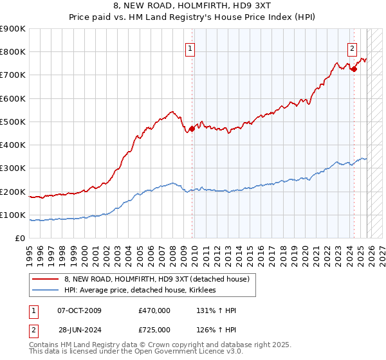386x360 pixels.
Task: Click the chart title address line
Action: (192, 7)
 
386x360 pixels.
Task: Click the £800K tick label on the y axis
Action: (13, 52)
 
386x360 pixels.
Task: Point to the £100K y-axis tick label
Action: (13, 215)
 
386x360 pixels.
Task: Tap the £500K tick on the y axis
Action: (13, 122)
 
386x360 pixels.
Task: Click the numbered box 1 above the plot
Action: (191, 47)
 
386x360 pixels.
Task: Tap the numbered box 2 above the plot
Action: (353, 47)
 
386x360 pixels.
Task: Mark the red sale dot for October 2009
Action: (192, 129)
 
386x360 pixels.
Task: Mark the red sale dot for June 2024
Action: (354, 69)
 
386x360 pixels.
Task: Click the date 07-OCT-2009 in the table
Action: (79, 310)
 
